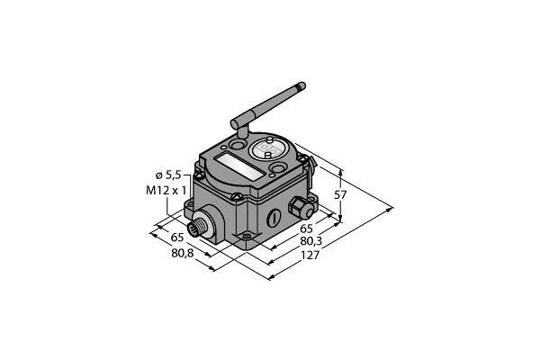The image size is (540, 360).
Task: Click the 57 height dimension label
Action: pos(340,195)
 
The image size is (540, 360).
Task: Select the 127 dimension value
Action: pos(310,256)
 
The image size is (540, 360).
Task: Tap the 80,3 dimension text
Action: pos(311,241)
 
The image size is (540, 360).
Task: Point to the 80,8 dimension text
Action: pos(182,253)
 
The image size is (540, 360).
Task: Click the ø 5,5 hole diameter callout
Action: pos(168,175)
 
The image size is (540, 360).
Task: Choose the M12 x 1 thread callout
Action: pos(166,190)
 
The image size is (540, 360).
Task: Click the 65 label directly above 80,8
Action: pos(177,238)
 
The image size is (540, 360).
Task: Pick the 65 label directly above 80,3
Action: pos(306,229)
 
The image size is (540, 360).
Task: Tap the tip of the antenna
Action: pos(302,85)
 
